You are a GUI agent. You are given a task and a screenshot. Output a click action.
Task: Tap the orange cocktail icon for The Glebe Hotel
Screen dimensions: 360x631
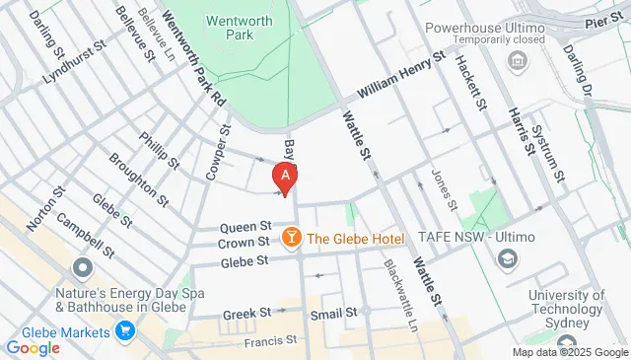point(292,238)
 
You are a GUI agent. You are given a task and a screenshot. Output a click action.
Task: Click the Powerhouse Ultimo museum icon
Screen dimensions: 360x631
point(516,62)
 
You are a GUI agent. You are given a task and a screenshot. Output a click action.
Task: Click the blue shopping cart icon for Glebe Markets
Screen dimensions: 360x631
point(124,331)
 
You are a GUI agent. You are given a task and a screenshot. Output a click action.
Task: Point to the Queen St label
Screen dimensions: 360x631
point(245,226)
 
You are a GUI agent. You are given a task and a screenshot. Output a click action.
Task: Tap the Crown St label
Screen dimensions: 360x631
point(244,242)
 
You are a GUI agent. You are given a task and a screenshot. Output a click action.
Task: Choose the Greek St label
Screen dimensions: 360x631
point(246,314)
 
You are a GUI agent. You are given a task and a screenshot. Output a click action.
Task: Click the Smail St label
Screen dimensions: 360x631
point(333,314)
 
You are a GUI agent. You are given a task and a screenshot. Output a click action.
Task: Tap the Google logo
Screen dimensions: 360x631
point(33,347)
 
